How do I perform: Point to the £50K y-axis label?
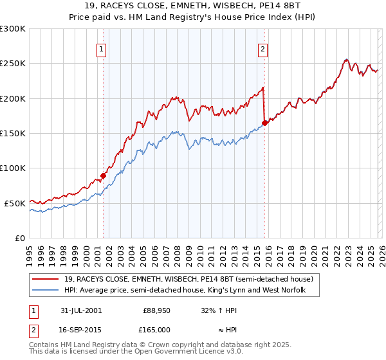(15, 203)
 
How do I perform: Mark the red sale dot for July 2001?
(103, 175)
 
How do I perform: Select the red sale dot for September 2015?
(264, 123)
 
